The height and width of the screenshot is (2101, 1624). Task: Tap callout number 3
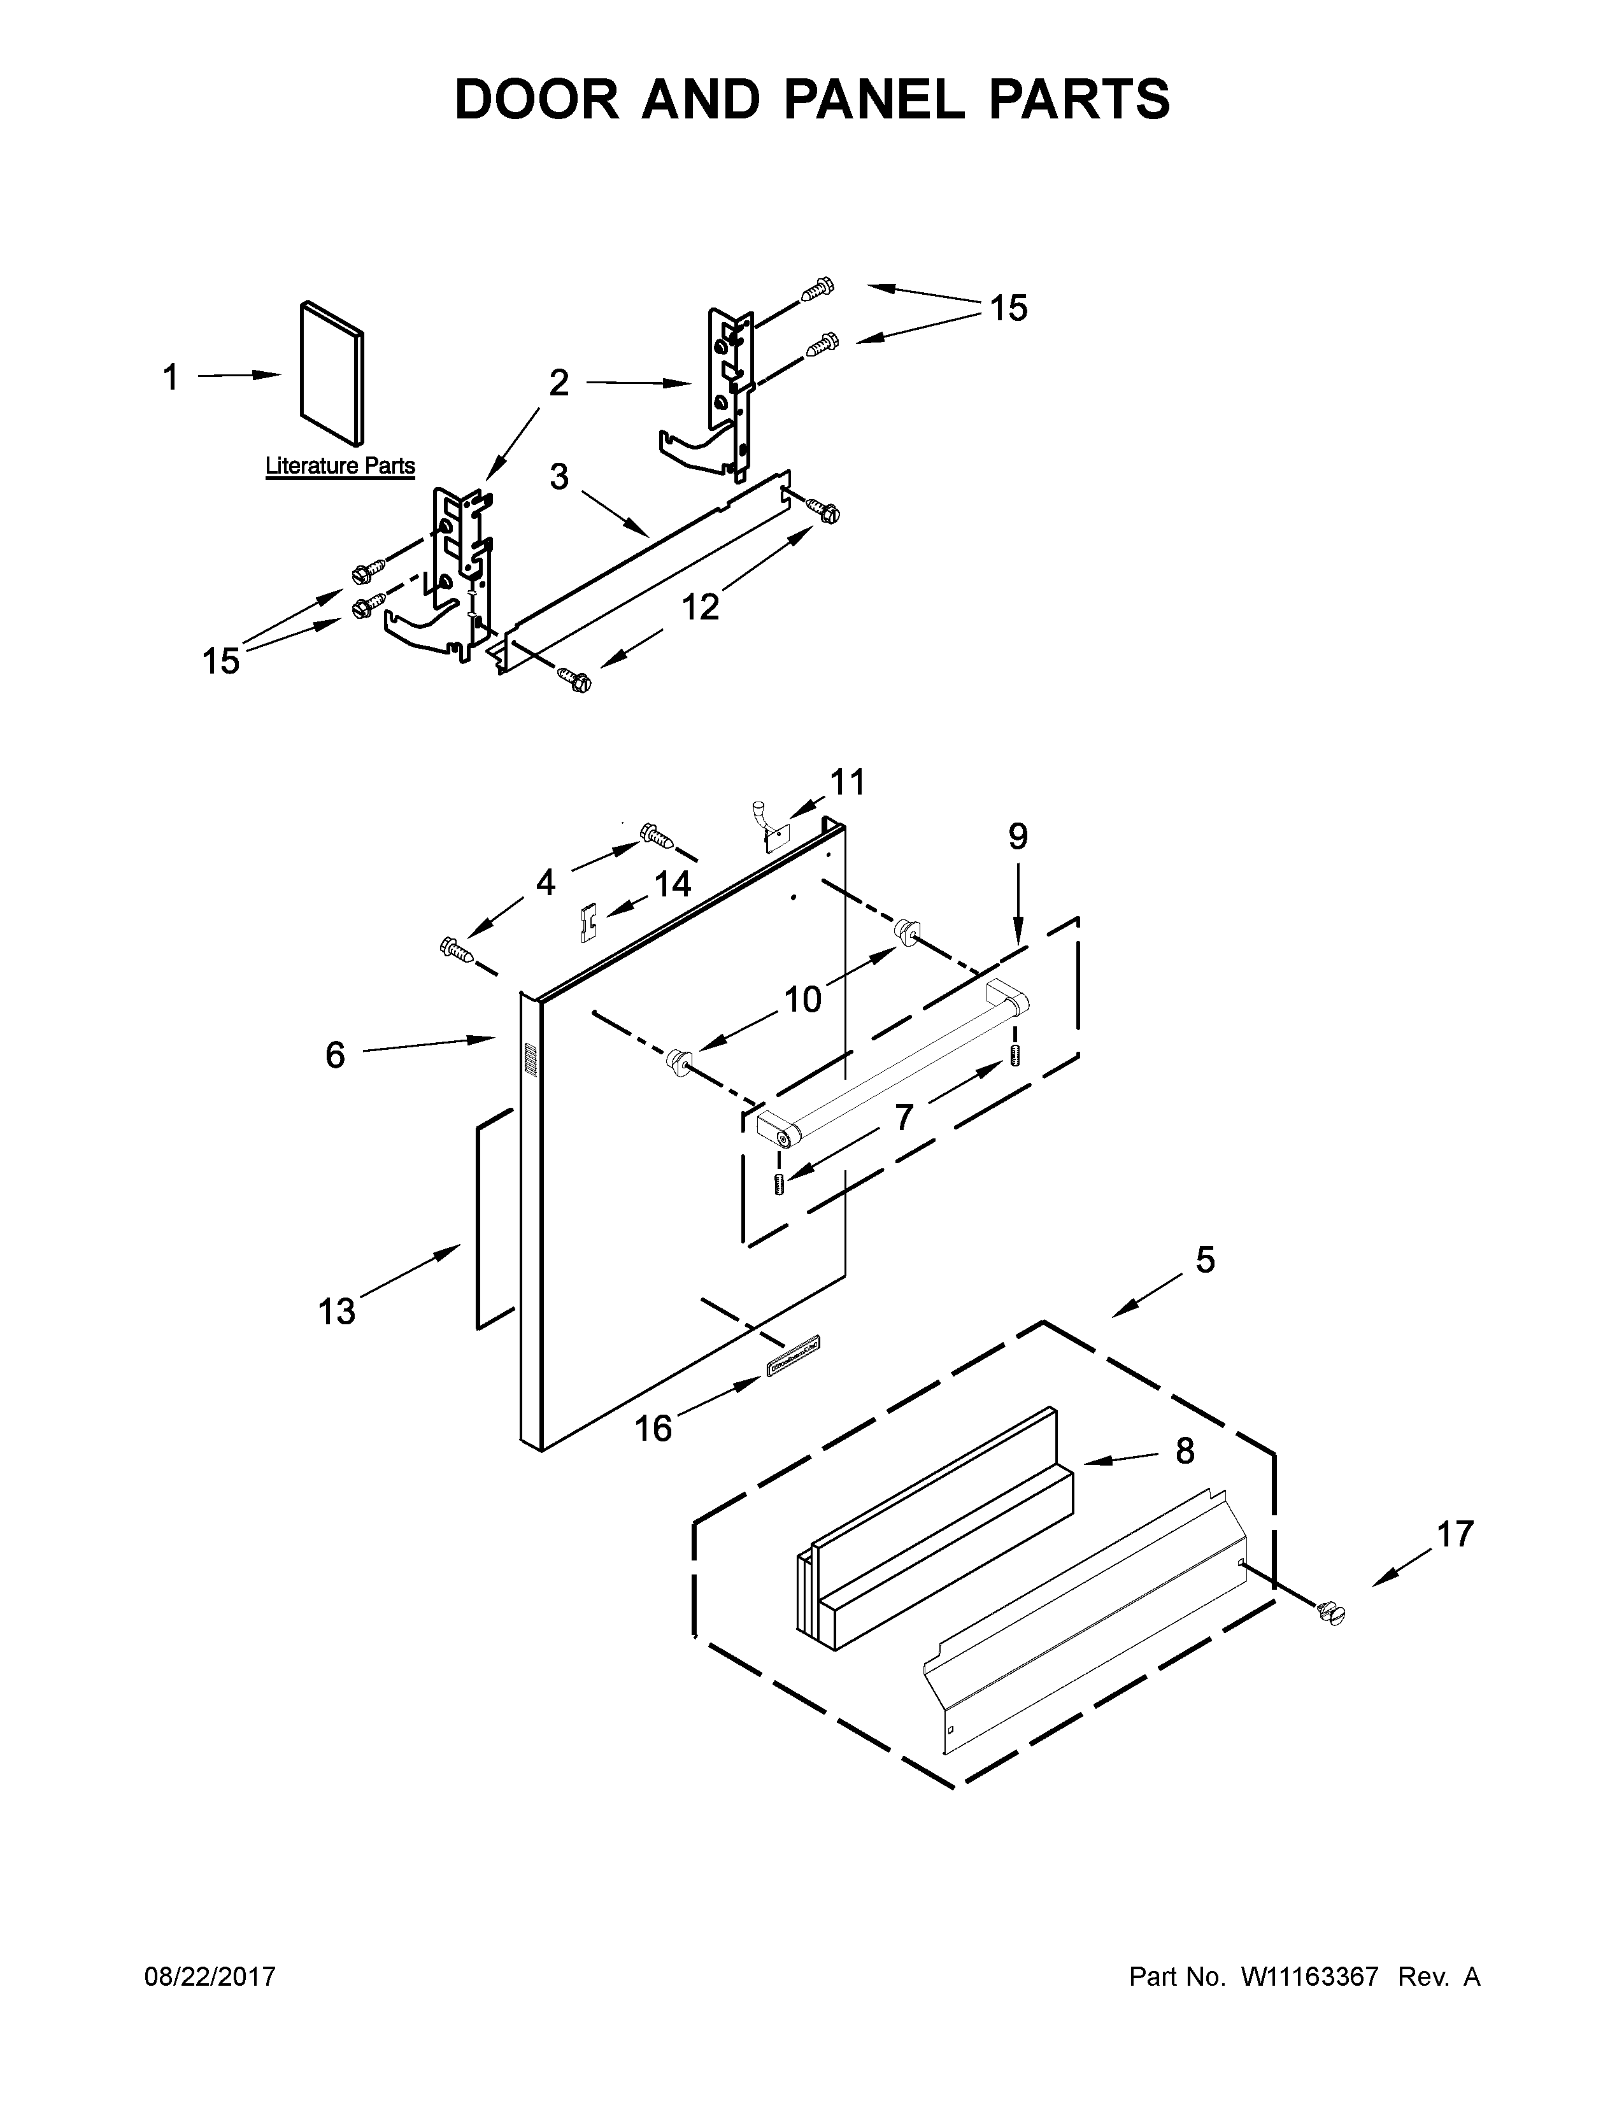tap(559, 476)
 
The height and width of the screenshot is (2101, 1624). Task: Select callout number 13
tap(337, 1311)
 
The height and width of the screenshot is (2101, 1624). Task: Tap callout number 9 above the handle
tap(1018, 837)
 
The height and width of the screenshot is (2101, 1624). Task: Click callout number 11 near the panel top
tap(848, 782)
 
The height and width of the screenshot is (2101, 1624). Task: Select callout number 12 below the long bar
tap(701, 607)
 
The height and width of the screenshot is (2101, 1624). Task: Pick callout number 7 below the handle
tap(902, 1117)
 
